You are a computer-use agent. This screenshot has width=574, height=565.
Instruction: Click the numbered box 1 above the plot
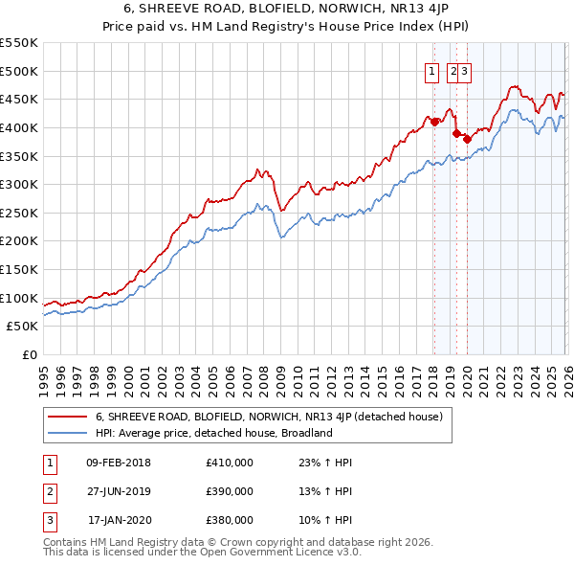click(x=431, y=70)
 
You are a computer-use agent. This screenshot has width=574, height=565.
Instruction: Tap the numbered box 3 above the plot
click(x=464, y=70)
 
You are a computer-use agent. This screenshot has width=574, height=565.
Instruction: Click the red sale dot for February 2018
click(x=433, y=122)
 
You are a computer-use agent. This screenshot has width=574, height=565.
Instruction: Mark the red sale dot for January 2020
click(x=467, y=139)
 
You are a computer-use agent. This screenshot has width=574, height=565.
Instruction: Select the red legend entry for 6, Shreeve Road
click(x=268, y=417)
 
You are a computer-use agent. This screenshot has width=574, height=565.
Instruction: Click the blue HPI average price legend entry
click(x=212, y=433)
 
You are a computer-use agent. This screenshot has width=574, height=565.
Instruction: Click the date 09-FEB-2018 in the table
click(x=118, y=463)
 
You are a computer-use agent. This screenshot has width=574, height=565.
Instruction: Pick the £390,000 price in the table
click(x=229, y=491)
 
